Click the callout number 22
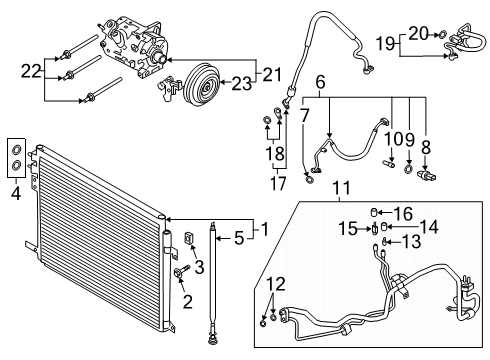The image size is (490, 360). point(33,71)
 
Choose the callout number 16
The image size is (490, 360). point(403,212)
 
